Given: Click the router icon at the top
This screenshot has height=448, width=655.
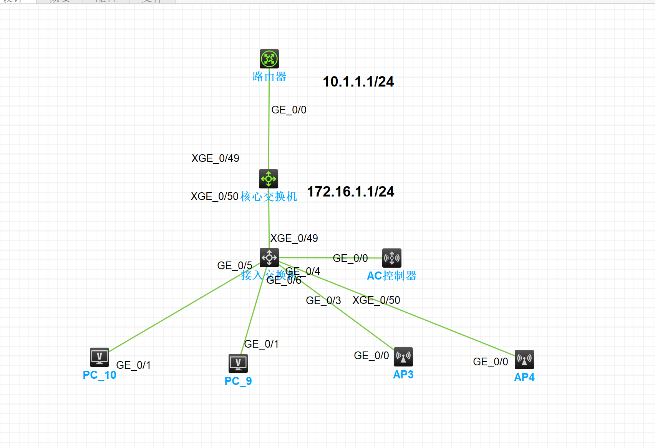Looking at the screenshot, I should pyautogui.click(x=269, y=59).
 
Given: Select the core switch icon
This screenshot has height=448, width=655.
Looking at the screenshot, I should pyautogui.click(x=269, y=179).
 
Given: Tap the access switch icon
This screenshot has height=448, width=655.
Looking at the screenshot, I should pyautogui.click(x=269, y=258).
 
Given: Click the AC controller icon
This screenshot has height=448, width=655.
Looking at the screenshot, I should pyautogui.click(x=392, y=258).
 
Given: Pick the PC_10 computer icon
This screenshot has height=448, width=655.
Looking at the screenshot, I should pyautogui.click(x=99, y=357).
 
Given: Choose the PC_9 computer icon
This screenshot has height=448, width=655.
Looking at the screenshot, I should pyautogui.click(x=238, y=363).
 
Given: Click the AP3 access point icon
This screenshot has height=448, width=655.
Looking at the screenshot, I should pyautogui.click(x=403, y=357).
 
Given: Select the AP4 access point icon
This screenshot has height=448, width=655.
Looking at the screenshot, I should pyautogui.click(x=524, y=360).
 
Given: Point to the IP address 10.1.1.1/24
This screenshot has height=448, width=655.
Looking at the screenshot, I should pyautogui.click(x=358, y=82).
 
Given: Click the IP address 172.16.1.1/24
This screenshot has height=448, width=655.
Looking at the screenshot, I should pyautogui.click(x=350, y=192).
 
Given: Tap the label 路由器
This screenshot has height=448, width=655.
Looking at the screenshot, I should pyautogui.click(x=269, y=77).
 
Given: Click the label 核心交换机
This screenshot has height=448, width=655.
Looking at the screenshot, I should pyautogui.click(x=269, y=197).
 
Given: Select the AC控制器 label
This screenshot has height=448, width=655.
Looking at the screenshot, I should pyautogui.click(x=391, y=276).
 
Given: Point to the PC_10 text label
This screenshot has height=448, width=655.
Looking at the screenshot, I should pyautogui.click(x=99, y=375).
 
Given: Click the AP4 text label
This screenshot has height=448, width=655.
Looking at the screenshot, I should pyautogui.click(x=524, y=377).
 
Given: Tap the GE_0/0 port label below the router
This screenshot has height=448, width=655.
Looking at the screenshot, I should pyautogui.click(x=289, y=110).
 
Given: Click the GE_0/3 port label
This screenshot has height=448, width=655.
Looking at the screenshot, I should pyautogui.click(x=323, y=300).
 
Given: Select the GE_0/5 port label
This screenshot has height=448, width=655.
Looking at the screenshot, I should pyautogui.click(x=235, y=265).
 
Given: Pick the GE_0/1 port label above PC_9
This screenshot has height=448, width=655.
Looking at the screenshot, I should pyautogui.click(x=261, y=344).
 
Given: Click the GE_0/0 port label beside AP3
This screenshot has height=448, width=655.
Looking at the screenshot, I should pyautogui.click(x=371, y=355).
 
